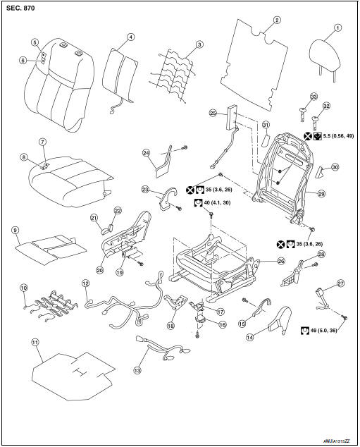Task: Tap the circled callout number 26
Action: (281, 260)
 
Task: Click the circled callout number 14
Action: (268, 338)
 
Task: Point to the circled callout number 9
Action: (14, 230)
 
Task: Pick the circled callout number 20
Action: (100, 269)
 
